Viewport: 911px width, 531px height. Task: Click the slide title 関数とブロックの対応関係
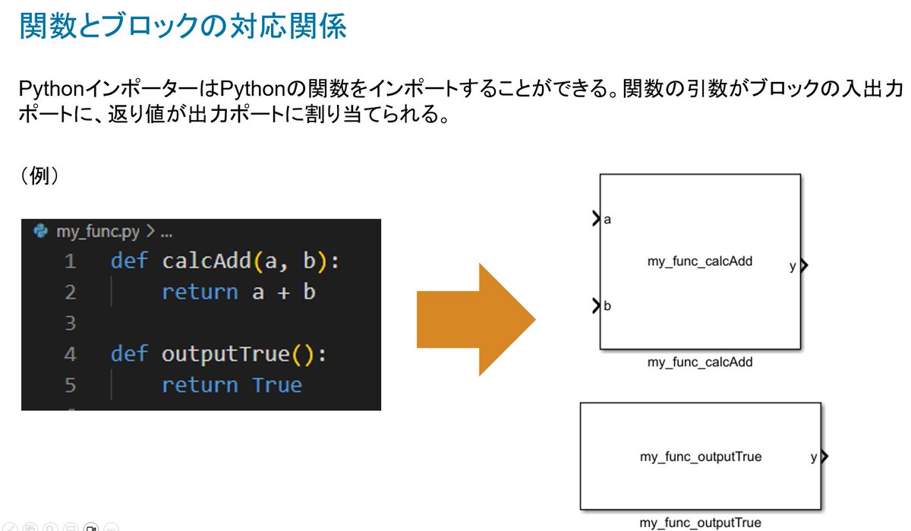(183, 26)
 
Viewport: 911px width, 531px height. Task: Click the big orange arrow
(476, 319)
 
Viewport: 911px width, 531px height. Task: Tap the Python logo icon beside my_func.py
(41, 231)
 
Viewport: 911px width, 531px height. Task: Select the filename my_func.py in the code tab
(98, 232)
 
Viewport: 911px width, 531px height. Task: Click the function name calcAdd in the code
(206, 261)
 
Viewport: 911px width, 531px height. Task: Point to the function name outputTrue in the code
(225, 353)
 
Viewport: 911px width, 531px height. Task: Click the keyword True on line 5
(277, 384)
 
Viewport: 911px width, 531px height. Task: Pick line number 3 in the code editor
(71, 323)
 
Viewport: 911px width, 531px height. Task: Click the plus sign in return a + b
(283, 292)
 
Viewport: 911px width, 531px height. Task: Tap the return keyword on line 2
(200, 292)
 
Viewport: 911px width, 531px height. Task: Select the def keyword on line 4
(129, 352)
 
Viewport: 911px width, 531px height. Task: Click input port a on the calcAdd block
(597, 219)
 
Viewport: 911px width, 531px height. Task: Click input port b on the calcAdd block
(597, 305)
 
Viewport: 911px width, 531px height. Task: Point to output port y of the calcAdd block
(804, 266)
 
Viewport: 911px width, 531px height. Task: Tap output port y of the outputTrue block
(824, 456)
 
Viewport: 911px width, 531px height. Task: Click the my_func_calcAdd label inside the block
(700, 261)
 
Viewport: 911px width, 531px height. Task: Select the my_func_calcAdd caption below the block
(700, 362)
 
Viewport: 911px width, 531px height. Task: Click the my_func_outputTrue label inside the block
(701, 457)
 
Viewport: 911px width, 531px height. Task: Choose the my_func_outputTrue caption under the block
(700, 523)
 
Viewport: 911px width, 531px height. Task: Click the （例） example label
(39, 175)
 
